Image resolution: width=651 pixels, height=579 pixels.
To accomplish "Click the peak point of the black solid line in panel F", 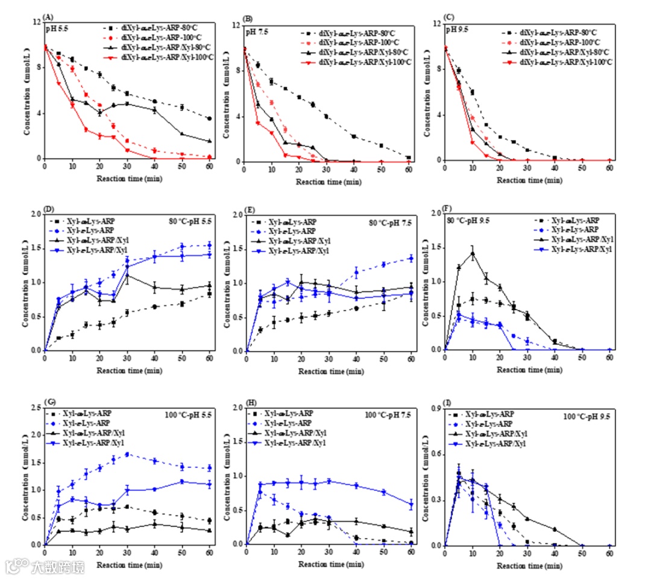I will pos(473,254).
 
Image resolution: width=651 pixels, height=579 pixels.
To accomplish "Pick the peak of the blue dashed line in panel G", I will pos(127,454).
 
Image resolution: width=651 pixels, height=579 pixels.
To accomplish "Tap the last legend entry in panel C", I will pos(557,62).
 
